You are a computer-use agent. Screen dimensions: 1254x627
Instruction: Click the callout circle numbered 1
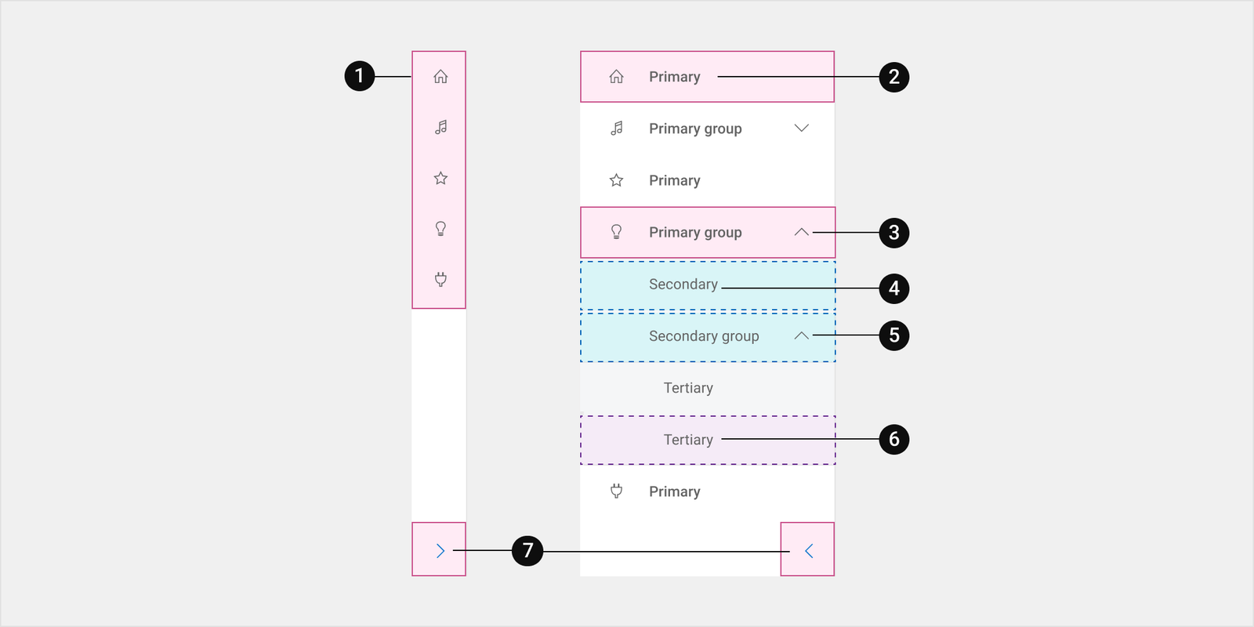click(x=360, y=76)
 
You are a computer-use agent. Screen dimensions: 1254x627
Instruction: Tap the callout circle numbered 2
click(x=894, y=77)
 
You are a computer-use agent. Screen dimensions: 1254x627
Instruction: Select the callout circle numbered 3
click(x=894, y=232)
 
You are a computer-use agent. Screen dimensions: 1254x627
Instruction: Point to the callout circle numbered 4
click(x=894, y=288)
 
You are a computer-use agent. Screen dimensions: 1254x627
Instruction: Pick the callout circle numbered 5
click(x=894, y=335)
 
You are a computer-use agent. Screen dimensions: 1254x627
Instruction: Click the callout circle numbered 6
click(x=894, y=439)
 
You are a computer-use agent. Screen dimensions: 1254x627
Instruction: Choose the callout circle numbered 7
click(x=527, y=550)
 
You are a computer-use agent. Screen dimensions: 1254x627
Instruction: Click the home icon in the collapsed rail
click(x=440, y=76)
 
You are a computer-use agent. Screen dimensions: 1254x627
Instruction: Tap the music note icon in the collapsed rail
click(x=441, y=127)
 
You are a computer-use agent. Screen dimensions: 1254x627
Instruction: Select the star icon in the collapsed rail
click(x=440, y=178)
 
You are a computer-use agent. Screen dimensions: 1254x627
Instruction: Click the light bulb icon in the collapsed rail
click(x=440, y=228)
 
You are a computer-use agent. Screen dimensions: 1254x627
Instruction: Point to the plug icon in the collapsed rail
click(x=440, y=279)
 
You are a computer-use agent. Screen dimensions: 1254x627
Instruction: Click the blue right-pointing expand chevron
click(x=440, y=551)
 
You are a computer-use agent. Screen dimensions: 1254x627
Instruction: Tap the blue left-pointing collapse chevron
click(x=809, y=551)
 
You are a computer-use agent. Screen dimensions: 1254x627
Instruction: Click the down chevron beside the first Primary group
click(x=802, y=129)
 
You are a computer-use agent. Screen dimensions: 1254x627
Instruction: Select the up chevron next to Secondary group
click(x=802, y=335)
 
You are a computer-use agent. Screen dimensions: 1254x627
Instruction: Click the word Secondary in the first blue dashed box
click(x=683, y=285)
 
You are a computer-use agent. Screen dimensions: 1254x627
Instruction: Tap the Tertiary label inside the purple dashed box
click(x=688, y=440)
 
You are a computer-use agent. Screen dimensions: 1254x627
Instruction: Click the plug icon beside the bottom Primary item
click(x=616, y=491)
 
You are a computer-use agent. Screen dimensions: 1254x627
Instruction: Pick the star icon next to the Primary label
click(x=616, y=180)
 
